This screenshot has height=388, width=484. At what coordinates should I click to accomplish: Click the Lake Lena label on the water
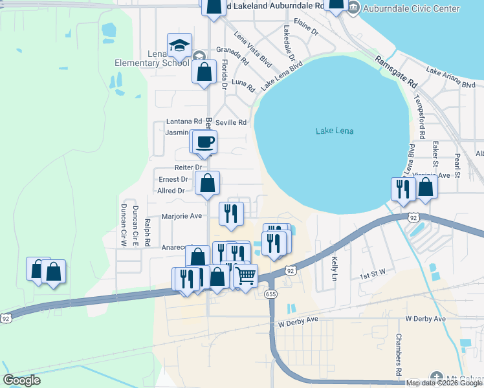tap(335, 131)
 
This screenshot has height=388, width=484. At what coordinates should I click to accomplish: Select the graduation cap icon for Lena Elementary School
tap(179, 45)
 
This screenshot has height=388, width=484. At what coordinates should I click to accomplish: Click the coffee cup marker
tap(205, 142)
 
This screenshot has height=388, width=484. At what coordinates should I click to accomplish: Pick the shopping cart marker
tap(245, 275)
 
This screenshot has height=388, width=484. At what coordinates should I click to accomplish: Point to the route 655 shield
tap(271, 294)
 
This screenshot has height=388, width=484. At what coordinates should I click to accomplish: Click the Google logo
tap(22, 380)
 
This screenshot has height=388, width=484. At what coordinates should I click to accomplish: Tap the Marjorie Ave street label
tap(185, 216)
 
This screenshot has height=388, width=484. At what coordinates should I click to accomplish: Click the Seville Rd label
tap(231, 122)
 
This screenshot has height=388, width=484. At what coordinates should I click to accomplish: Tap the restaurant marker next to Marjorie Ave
tap(231, 213)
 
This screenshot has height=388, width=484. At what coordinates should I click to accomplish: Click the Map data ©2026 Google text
tap(445, 383)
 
